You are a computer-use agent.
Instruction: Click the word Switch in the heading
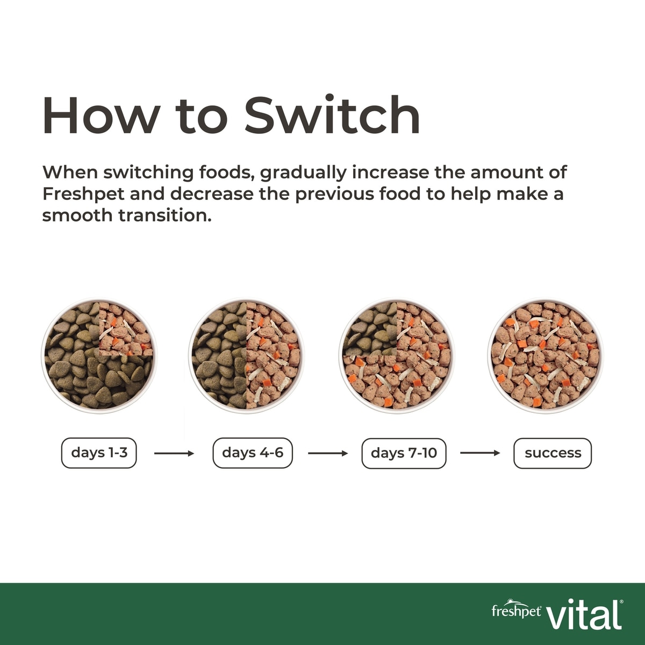(x=332, y=115)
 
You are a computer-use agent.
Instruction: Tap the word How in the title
(x=100, y=116)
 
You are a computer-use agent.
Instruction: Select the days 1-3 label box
(x=99, y=453)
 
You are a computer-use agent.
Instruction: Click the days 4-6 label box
(x=253, y=453)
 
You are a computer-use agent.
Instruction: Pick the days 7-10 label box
(x=404, y=453)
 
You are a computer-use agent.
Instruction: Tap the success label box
(x=553, y=453)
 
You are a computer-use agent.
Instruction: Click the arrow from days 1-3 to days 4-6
(x=174, y=454)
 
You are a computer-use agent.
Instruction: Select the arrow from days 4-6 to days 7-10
(x=328, y=454)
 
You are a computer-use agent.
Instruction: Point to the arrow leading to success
(x=481, y=453)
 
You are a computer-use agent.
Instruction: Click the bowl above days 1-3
(x=99, y=355)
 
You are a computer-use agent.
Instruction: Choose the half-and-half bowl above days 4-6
(x=247, y=355)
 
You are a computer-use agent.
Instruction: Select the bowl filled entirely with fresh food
(x=546, y=355)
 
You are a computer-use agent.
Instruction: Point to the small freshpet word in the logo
(x=516, y=611)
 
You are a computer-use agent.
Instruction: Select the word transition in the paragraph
(x=165, y=215)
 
